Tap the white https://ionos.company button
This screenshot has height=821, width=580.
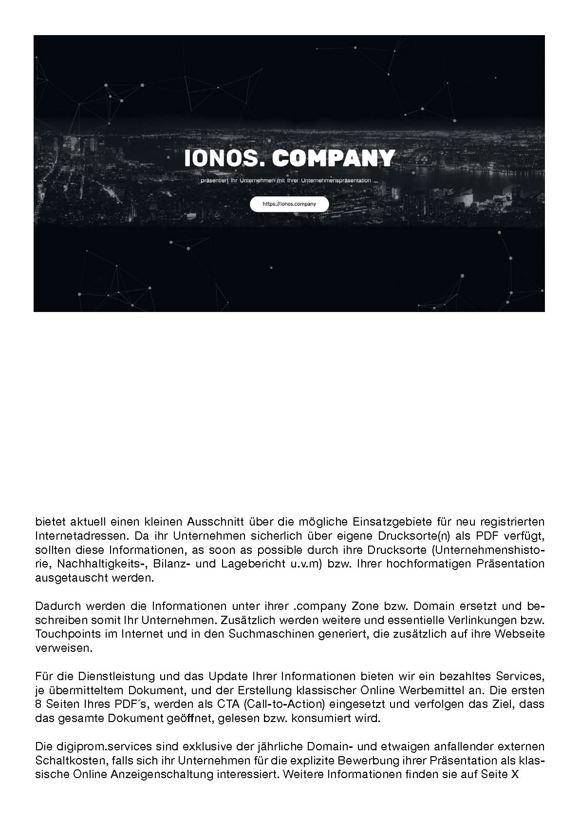coord(289,204)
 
